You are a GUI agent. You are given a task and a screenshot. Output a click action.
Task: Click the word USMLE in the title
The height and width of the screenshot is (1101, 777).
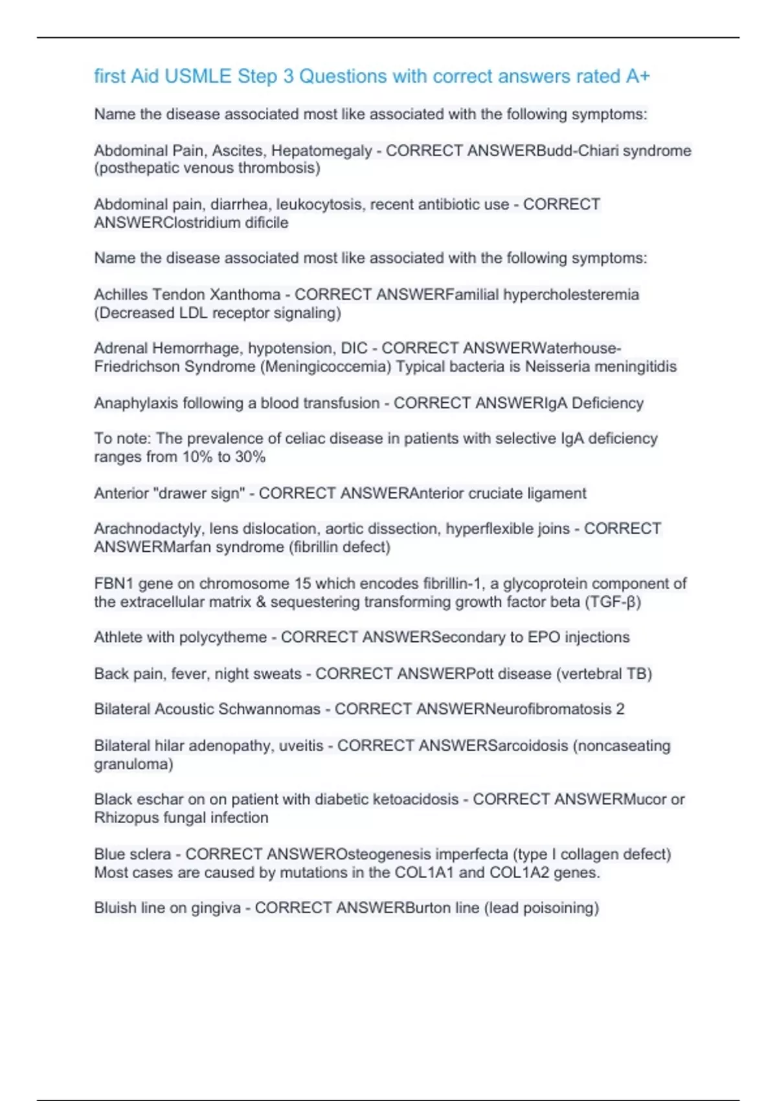(197, 76)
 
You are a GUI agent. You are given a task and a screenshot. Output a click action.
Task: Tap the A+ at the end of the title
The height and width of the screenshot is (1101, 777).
(637, 76)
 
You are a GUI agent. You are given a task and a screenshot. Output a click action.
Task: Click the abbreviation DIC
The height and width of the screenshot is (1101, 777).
(354, 348)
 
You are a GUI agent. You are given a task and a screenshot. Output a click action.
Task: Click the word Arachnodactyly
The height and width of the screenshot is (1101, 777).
(148, 529)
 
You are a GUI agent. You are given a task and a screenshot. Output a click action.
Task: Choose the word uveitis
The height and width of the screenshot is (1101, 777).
(301, 746)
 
